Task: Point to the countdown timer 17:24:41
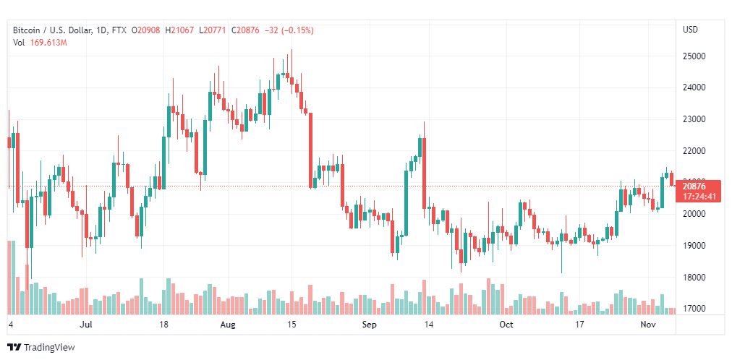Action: (698, 196)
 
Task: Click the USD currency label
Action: (690, 30)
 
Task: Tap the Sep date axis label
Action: (369, 325)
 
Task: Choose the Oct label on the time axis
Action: (506, 325)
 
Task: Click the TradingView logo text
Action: (49, 348)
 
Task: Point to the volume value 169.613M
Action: (48, 43)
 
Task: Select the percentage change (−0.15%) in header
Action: (295, 30)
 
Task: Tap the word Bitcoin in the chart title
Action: (27, 30)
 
